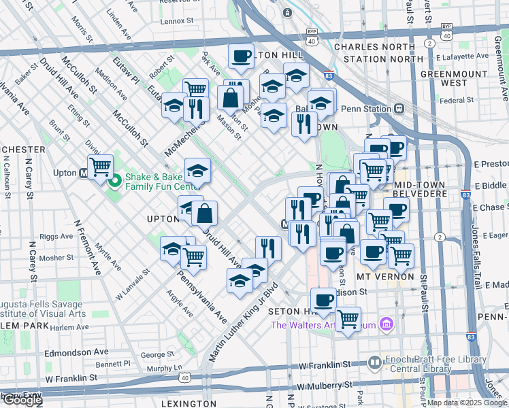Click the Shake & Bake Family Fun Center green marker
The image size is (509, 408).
(114, 181)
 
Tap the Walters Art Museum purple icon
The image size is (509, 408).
(387, 324)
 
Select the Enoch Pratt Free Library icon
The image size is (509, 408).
(374, 363)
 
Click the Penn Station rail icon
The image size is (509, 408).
(399, 109)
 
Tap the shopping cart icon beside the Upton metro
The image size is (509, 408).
(101, 165)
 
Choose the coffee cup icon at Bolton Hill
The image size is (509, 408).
(240, 56)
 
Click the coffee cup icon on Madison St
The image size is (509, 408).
(323, 299)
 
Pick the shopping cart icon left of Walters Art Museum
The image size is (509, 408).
(348, 317)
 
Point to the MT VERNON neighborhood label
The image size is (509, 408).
(386, 277)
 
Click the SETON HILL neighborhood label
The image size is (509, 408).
(293, 311)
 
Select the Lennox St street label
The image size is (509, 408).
(178, 21)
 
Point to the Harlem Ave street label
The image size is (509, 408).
(70, 327)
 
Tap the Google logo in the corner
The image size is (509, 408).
(22, 401)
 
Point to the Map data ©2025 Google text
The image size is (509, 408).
(467, 403)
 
